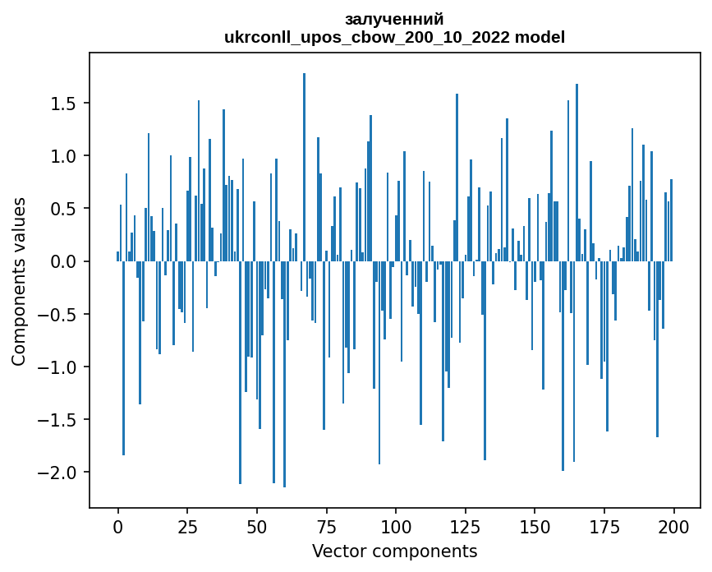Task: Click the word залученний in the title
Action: (x=394, y=19)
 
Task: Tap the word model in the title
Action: (x=540, y=37)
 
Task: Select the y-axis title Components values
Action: (x=19, y=281)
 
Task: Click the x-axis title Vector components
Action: (x=394, y=551)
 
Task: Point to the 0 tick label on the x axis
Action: (x=117, y=525)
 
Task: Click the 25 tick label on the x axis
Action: (x=187, y=525)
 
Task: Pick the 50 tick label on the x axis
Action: (x=256, y=525)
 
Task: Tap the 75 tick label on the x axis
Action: (x=326, y=525)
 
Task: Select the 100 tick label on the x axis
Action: (x=396, y=525)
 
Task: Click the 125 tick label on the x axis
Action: (x=465, y=525)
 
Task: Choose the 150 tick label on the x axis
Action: (x=535, y=525)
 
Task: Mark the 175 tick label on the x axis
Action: (x=604, y=525)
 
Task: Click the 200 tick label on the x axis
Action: (x=673, y=525)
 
